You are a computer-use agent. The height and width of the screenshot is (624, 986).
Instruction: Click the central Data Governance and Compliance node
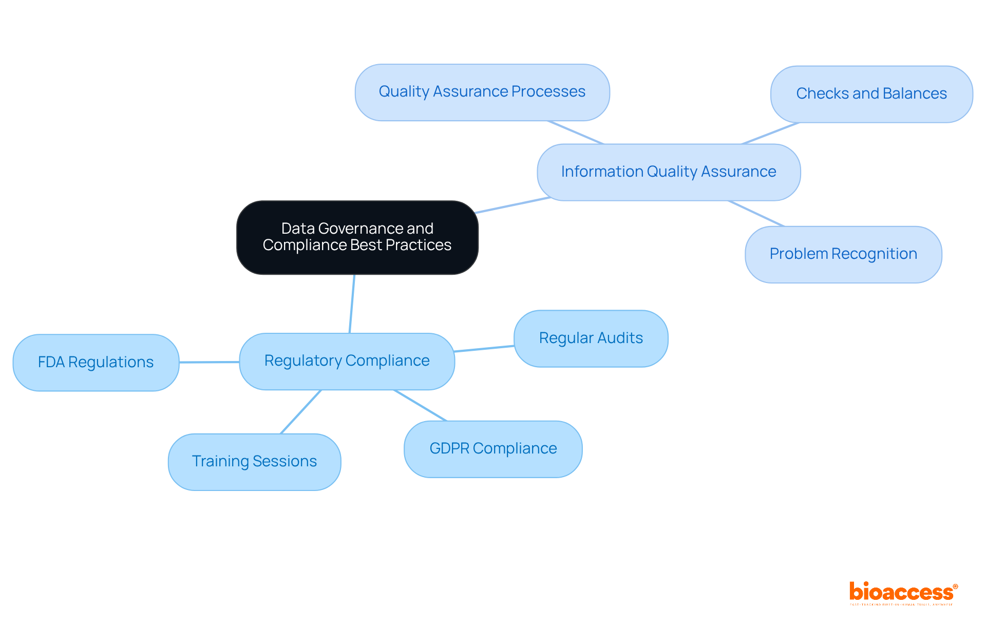[357, 237]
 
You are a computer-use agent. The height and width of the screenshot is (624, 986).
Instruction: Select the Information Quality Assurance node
[668, 172]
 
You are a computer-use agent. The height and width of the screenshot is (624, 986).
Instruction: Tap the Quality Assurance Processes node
[482, 92]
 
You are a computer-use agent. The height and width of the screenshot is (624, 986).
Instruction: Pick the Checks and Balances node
[871, 94]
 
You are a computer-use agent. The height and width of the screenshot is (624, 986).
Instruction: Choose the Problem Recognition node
[843, 254]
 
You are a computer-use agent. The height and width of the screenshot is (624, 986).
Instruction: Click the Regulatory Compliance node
[347, 361]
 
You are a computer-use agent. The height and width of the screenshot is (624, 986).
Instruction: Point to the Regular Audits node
[591, 338]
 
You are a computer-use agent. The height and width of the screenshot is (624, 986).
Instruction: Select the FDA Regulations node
[96, 363]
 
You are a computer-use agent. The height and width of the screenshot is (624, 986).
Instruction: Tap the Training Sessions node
[254, 462]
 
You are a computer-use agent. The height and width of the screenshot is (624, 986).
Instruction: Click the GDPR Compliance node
[493, 449]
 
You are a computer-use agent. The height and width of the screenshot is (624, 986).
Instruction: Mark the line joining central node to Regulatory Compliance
[352, 304]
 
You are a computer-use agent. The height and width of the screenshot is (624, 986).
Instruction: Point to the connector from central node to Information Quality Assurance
[512, 205]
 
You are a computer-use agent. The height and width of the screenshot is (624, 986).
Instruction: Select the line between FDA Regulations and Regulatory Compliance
[209, 362]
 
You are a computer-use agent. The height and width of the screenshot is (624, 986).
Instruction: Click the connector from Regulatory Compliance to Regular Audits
[484, 349]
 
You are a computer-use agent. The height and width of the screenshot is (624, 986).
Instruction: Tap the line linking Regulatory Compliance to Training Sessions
[300, 412]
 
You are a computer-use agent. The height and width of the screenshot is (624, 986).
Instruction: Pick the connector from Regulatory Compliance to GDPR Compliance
[420, 405]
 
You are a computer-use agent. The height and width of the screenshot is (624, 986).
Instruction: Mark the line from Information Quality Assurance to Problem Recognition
[756, 213]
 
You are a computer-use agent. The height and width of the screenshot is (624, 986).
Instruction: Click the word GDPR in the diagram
[449, 449]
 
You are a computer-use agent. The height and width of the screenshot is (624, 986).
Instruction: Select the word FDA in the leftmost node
[51, 363]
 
